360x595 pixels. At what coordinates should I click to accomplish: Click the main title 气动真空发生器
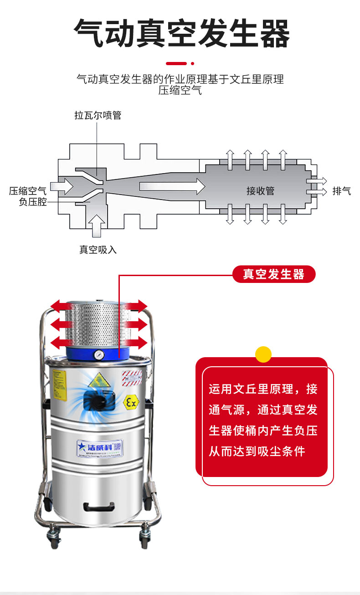coord(181,34)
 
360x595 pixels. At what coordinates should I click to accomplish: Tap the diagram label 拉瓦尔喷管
coord(98,115)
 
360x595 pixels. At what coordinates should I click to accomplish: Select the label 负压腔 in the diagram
coord(33,202)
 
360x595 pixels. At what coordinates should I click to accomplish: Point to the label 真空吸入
coord(98,250)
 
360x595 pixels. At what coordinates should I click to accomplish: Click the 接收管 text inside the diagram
coord(260,191)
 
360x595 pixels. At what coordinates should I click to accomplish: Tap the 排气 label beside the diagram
coord(342,191)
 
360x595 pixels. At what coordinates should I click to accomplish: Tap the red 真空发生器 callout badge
coord(273,274)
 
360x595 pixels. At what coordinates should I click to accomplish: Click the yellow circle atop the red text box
coord(263,354)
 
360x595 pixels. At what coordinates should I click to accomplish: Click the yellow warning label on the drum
coord(59,385)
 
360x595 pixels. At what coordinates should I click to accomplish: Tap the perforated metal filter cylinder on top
coord(97,324)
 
